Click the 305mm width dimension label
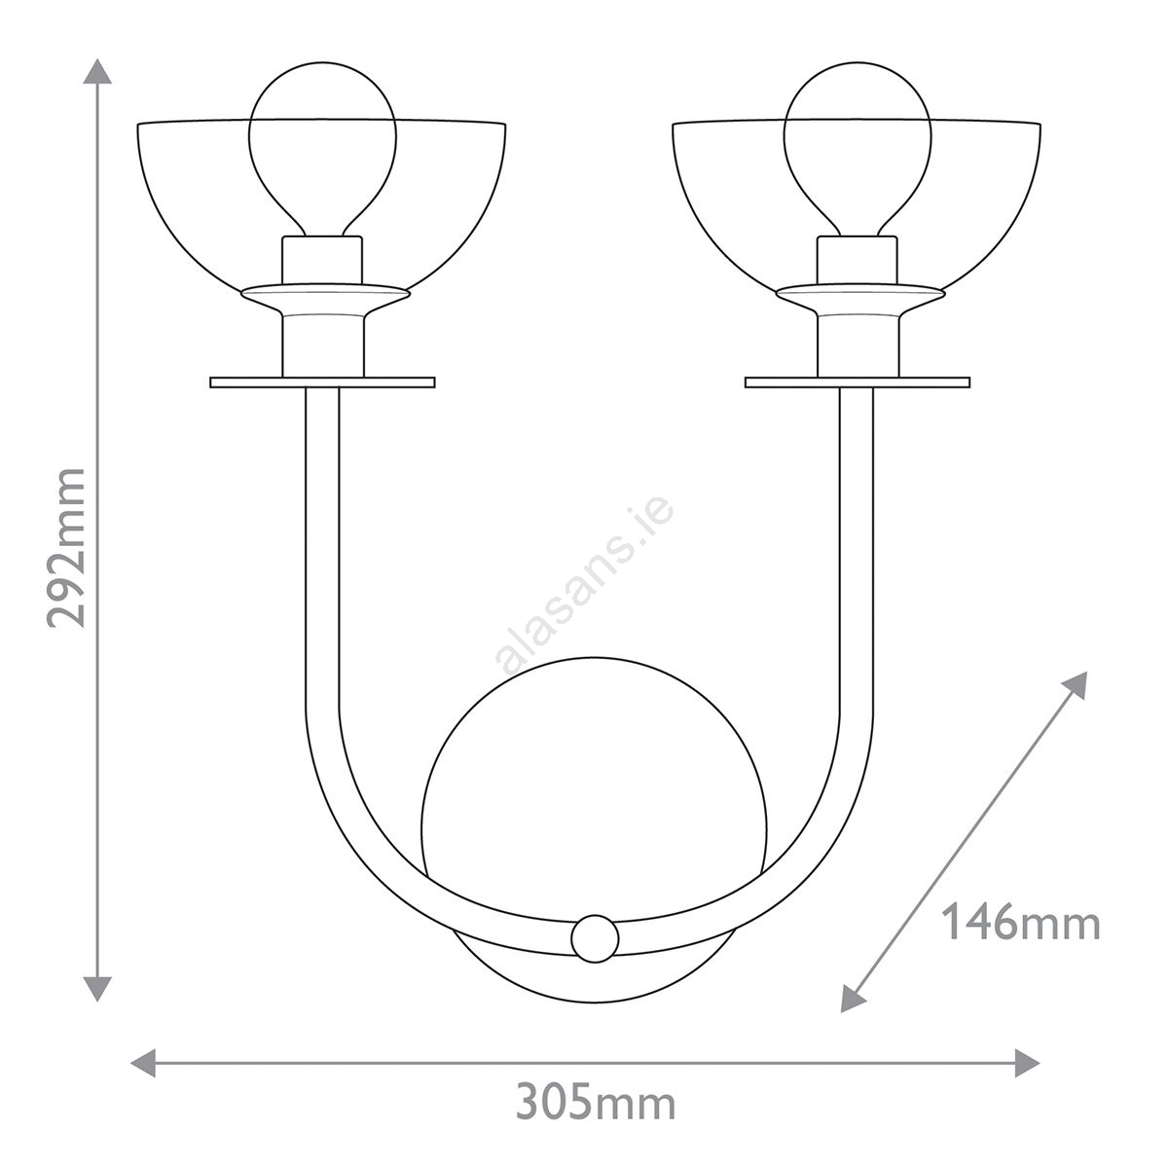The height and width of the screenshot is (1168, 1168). coord(596,1104)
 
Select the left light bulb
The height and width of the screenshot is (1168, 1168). coord(322,149)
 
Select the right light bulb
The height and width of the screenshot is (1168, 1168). coord(858,149)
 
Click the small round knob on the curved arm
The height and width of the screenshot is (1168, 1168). coord(595,939)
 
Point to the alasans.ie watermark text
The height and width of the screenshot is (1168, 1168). coord(584,586)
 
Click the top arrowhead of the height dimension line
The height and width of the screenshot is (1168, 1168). coord(97,71)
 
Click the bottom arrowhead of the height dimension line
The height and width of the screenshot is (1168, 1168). coord(97,988)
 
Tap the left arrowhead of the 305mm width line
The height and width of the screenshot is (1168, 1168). coord(143,1063)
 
